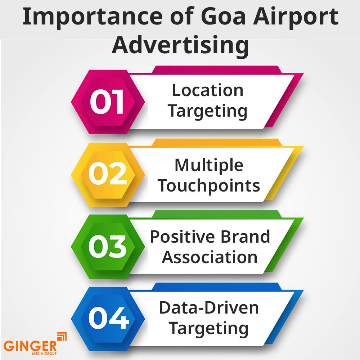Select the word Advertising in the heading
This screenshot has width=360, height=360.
180,46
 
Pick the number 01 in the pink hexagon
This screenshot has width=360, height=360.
107,102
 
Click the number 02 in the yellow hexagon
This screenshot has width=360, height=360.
107,175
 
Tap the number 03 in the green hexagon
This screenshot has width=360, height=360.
107,247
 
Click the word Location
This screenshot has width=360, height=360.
208,90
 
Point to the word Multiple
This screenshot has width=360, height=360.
209,165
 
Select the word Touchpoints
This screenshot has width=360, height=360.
209,186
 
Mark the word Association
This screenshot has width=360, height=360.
210,257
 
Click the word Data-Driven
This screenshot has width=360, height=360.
209,308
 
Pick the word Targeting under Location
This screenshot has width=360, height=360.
208,111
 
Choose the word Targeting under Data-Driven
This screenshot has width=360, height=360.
209,329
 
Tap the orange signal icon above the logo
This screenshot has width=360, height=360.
62,337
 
